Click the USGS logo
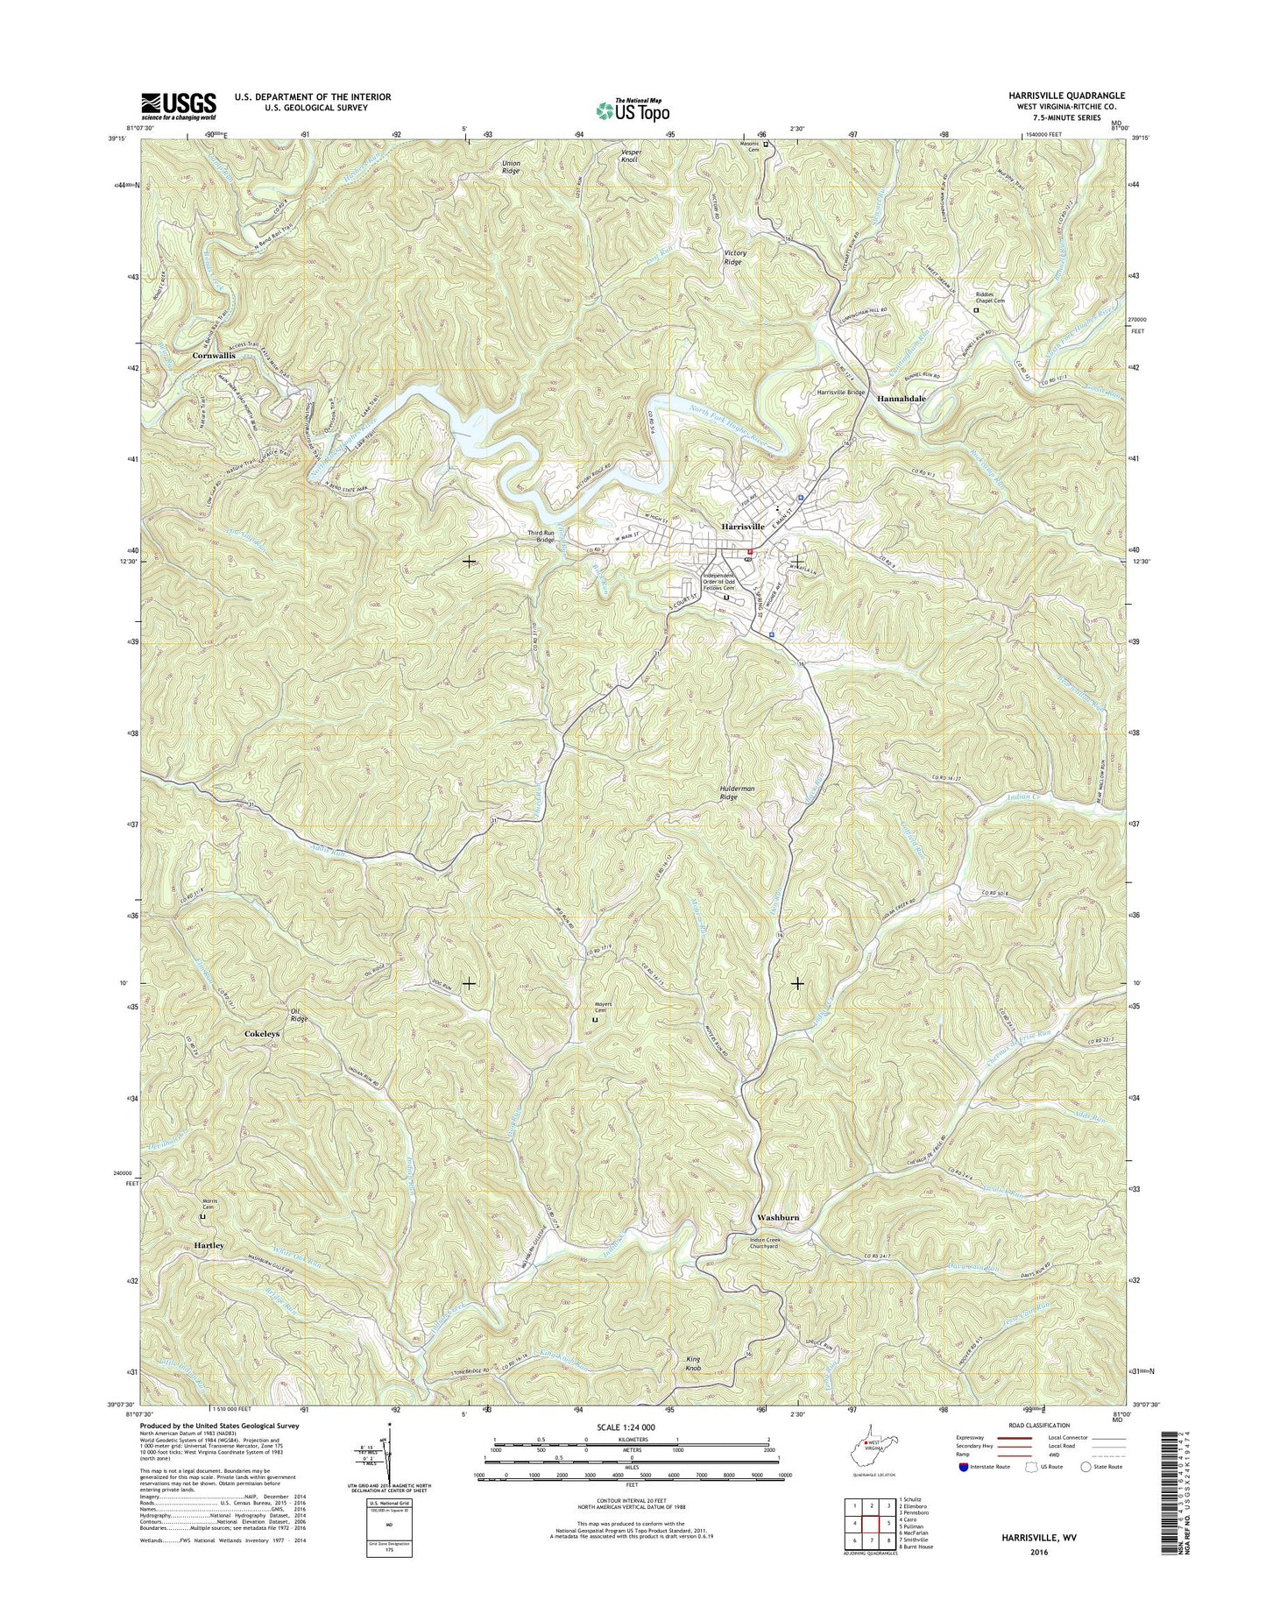178,106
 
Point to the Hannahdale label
902,398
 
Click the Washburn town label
777,1218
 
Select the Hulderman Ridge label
736,793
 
